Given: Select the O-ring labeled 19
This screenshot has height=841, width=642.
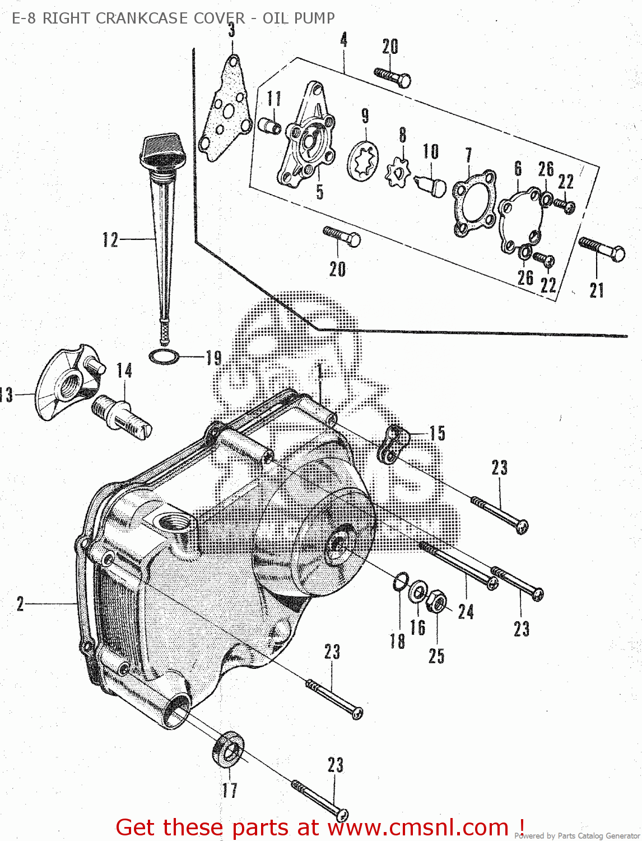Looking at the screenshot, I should point(164,356).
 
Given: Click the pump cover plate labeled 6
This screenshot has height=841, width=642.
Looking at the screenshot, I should point(520,223).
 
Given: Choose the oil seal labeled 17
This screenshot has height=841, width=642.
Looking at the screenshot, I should point(229,748).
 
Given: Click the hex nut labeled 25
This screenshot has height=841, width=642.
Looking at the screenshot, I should point(436,603).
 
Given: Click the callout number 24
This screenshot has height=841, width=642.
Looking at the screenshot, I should point(466,611).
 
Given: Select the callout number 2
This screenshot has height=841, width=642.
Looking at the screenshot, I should point(20,604).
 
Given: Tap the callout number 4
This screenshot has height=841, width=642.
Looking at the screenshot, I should point(343,40).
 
